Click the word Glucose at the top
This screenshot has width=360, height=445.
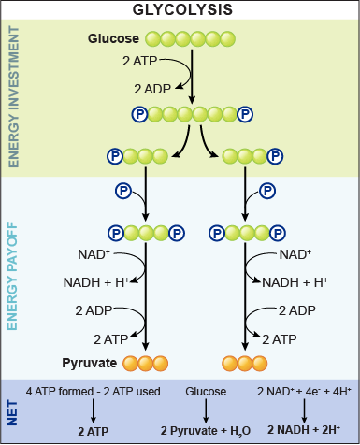pyautogui.click(x=113, y=38)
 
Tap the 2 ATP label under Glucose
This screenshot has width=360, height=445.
pyautogui.click(x=139, y=61)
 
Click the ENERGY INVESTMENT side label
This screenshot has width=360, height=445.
pyautogui.click(x=13, y=96)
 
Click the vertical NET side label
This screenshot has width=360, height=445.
pyautogui.click(x=13, y=410)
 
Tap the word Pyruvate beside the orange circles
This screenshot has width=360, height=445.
pyautogui.click(x=89, y=362)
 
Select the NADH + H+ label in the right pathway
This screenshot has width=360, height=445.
pyautogui.click(x=295, y=281)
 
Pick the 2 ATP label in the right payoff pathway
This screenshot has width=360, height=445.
pyautogui.click(x=281, y=339)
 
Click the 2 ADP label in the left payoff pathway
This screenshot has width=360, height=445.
pyautogui.click(x=94, y=310)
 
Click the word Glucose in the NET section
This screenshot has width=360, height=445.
pyautogui.click(x=206, y=392)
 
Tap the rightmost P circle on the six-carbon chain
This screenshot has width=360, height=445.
pyautogui.click(x=245, y=115)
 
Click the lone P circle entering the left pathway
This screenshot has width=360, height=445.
pyautogui.click(x=122, y=191)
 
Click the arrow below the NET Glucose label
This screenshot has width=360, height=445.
pyautogui.click(x=206, y=410)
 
